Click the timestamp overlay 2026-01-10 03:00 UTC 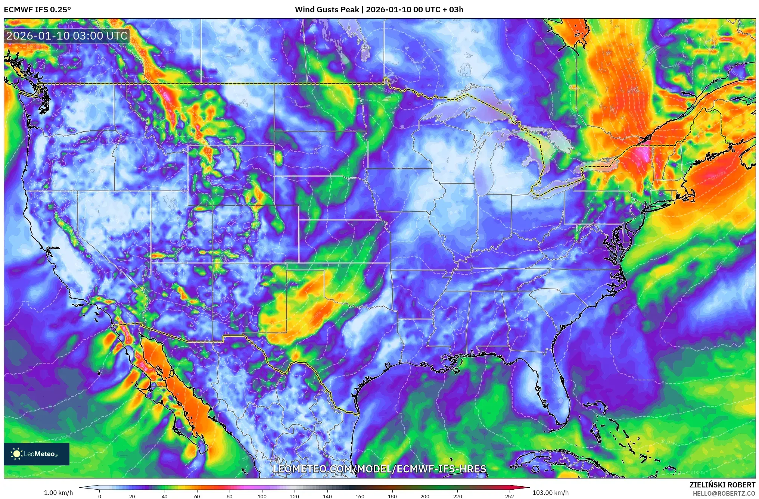click(67, 36)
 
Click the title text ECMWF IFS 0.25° click(37, 10)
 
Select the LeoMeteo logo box click(37, 454)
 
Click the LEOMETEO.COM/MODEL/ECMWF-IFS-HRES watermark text click(379, 469)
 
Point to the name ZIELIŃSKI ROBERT click(722, 485)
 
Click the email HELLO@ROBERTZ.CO click(724, 493)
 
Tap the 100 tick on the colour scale click(262, 496)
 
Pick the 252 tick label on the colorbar click(510, 496)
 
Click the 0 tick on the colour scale click(100, 496)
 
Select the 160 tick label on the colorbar click(360, 496)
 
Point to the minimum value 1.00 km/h click(59, 493)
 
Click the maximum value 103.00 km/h click(550, 493)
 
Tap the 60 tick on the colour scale click(197, 496)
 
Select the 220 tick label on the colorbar click(458, 496)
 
